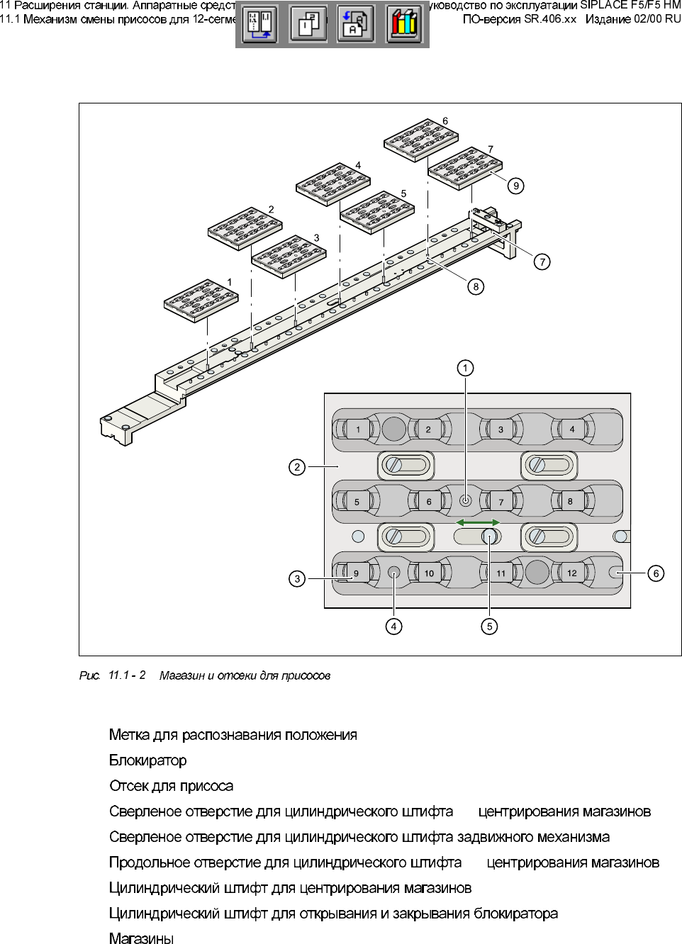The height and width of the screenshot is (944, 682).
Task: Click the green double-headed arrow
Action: pyautogui.click(x=477, y=522)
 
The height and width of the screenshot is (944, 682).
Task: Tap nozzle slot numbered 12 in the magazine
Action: pyautogui.click(x=571, y=573)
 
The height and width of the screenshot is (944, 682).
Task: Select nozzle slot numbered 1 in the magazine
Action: pyautogui.click(x=358, y=429)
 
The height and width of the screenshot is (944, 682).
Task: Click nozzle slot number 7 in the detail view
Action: pyautogui.click(x=501, y=502)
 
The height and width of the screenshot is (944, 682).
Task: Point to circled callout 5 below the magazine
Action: pyautogui.click(x=489, y=626)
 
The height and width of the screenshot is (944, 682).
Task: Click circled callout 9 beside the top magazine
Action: pyautogui.click(x=516, y=186)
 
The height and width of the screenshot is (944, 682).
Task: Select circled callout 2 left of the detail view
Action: pyautogui.click(x=297, y=467)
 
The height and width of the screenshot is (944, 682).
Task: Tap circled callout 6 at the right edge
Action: pyautogui.click(x=656, y=573)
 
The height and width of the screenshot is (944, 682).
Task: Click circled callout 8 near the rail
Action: pyautogui.click(x=476, y=286)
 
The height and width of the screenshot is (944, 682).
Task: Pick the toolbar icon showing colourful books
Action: pyautogui.click(x=403, y=25)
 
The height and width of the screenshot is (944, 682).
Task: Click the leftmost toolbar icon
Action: pyautogui.click(x=260, y=25)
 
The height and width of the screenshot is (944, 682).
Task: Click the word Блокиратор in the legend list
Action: pyautogui.click(x=148, y=760)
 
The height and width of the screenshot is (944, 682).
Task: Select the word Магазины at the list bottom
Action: pyautogui.click(x=141, y=939)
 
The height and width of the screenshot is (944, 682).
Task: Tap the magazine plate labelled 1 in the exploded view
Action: pyautogui.click(x=201, y=300)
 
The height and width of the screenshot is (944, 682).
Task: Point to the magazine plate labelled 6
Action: pyautogui.click(x=420, y=140)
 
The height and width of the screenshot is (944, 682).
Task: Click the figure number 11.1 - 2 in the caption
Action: pyautogui.click(x=127, y=675)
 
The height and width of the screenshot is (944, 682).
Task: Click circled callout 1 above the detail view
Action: pyautogui.click(x=465, y=368)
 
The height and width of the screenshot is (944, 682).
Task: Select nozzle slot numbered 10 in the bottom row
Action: pyautogui.click(x=429, y=573)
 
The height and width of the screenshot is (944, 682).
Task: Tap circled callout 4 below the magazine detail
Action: pyautogui.click(x=393, y=626)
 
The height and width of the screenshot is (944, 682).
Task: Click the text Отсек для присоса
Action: pyautogui.click(x=171, y=786)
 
